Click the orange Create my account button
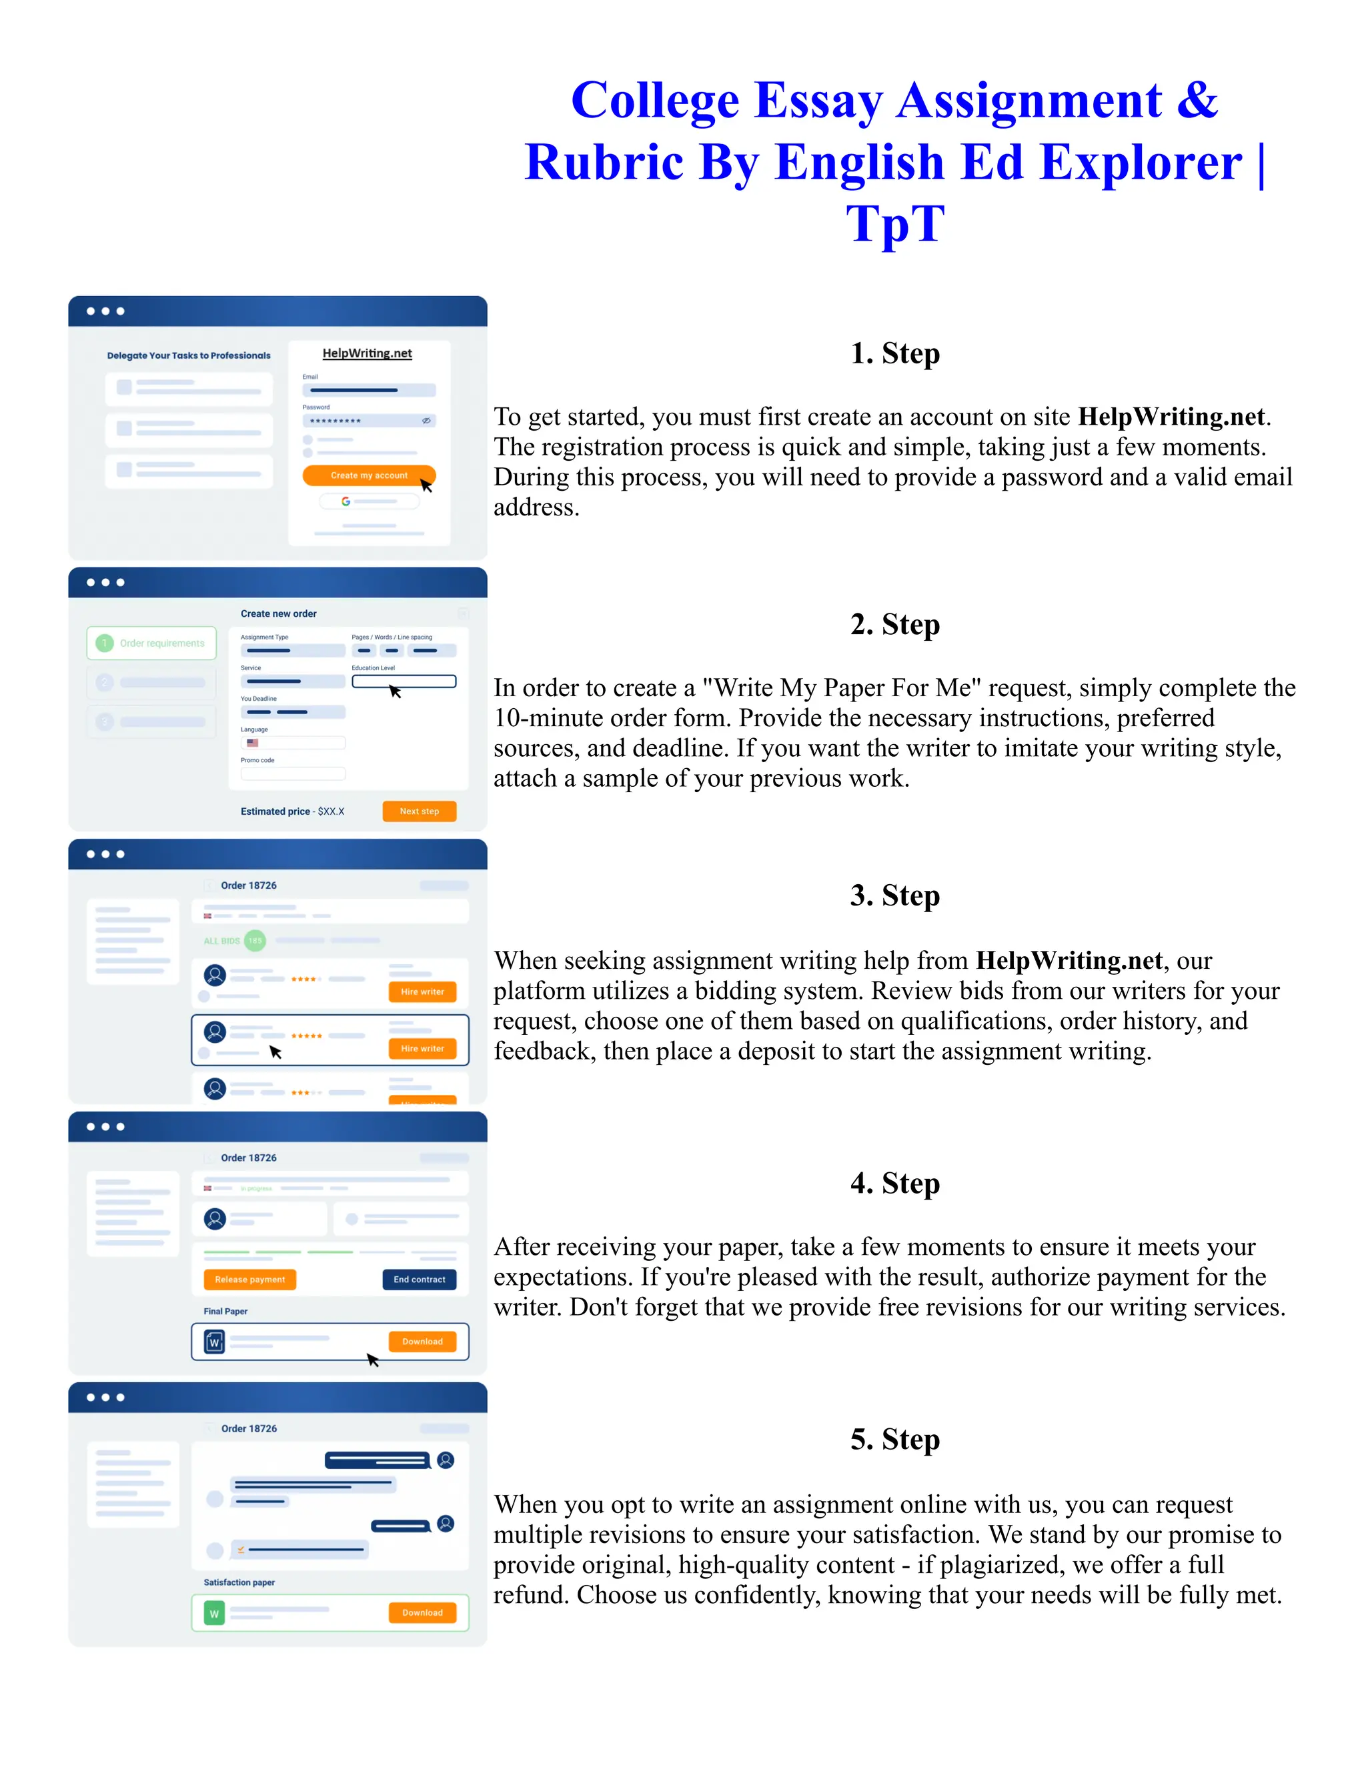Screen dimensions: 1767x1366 (x=368, y=475)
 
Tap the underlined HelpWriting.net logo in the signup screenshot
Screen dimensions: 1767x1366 (x=368, y=353)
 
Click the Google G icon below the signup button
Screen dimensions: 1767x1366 (x=346, y=501)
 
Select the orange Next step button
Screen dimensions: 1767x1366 (x=419, y=811)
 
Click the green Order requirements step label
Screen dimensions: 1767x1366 (x=162, y=643)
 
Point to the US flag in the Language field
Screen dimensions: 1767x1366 (x=253, y=743)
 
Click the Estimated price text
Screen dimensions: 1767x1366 (x=275, y=811)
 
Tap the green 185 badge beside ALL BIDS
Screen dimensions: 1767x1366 (x=255, y=940)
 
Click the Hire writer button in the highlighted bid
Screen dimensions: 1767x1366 (x=422, y=1049)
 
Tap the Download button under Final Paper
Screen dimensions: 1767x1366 (x=422, y=1342)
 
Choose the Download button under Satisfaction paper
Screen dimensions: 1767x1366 (x=422, y=1612)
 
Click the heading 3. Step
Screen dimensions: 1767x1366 (x=895, y=896)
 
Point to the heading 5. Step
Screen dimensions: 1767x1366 (x=895, y=1440)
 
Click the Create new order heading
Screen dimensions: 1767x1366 (x=278, y=614)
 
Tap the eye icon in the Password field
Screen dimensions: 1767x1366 (x=426, y=421)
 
